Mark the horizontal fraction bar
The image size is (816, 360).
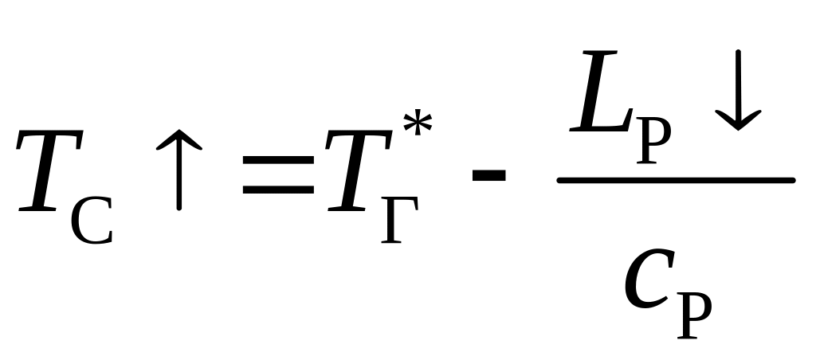coord(676,181)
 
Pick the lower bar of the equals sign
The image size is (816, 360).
coord(278,191)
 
